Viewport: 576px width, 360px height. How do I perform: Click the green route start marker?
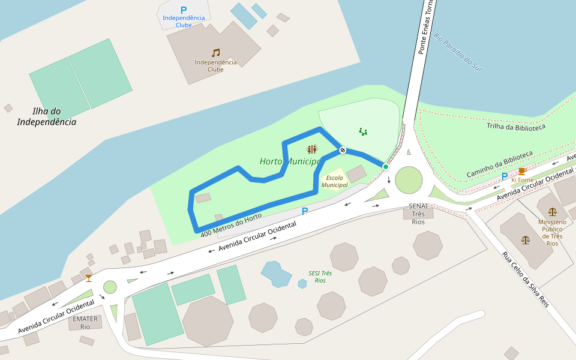coord(385,166)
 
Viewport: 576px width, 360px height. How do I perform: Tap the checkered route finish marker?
coord(342,150)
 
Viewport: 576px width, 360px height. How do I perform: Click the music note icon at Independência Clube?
coord(215,53)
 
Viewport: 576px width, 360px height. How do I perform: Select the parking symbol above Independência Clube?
coord(184,10)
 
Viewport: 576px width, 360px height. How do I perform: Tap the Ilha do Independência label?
coord(47,116)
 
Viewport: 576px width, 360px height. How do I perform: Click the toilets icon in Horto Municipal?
coord(311,149)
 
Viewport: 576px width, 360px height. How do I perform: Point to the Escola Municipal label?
coord(334,181)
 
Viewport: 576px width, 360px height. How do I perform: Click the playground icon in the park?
coord(362,131)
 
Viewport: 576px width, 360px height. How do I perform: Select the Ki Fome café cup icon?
coord(522,171)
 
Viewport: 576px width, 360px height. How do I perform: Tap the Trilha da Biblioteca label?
coord(515,127)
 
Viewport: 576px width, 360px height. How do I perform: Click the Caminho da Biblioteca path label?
coord(499,164)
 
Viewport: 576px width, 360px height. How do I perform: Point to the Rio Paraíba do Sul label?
coord(458,52)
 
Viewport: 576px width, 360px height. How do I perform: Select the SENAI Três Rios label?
coord(418,214)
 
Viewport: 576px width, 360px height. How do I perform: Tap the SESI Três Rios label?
coord(320,277)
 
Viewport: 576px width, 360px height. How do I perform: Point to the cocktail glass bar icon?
coord(89,278)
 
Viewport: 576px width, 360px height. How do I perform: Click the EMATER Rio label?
coord(85,323)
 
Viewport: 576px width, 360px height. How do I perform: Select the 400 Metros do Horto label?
coord(231,224)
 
